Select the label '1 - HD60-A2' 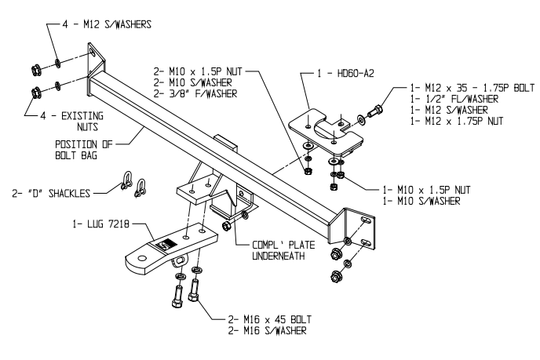pos(339,73)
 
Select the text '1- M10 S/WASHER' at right pos(423,202)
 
